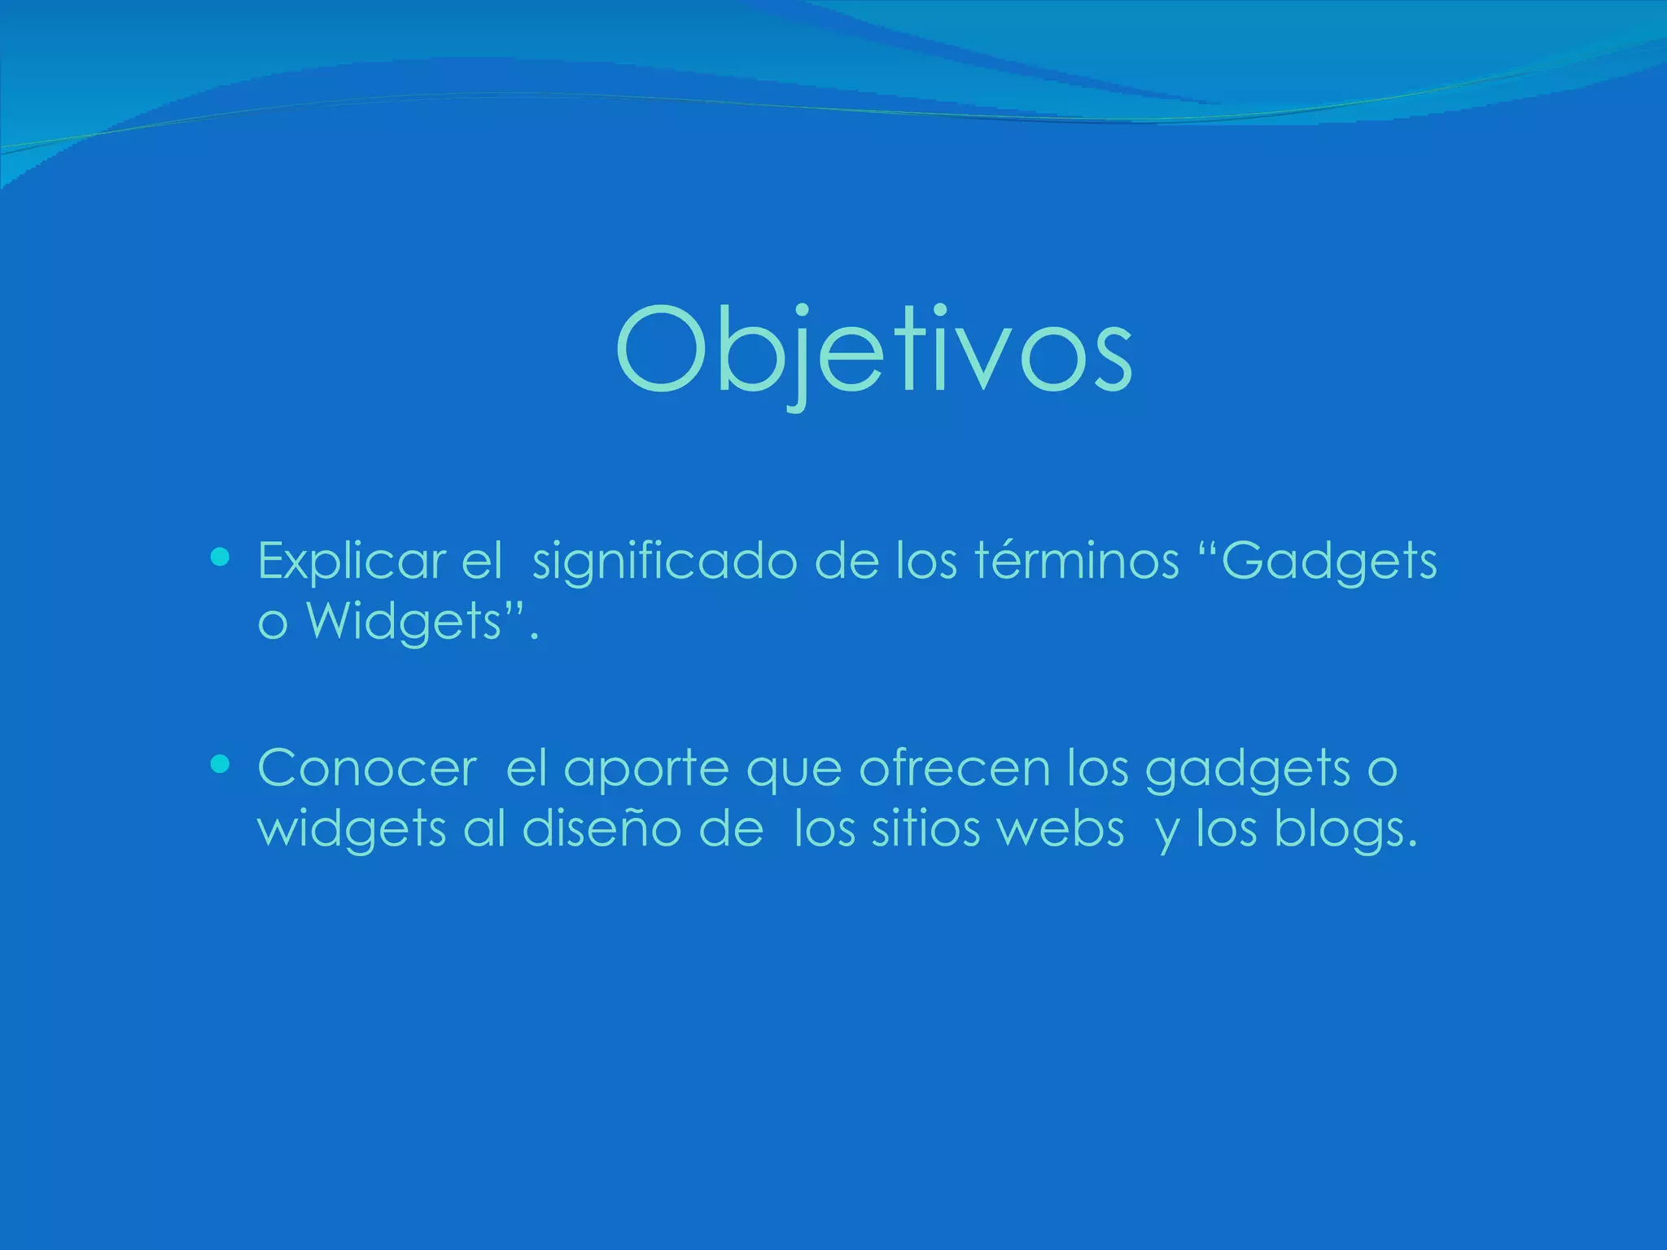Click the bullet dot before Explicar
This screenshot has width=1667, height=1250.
point(219,557)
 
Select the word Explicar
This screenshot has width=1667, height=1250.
point(352,562)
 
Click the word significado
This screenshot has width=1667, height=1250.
point(664,562)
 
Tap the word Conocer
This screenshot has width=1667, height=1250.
point(367,767)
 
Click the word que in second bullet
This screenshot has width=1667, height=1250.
point(794,769)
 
